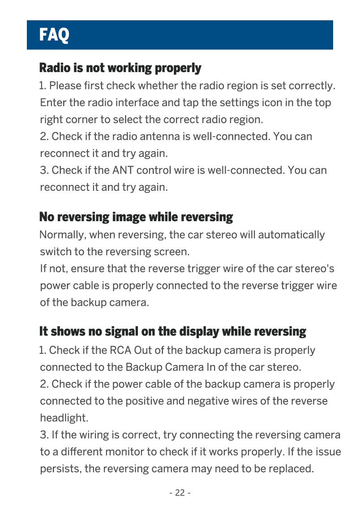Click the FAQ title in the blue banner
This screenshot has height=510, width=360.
pos(54,34)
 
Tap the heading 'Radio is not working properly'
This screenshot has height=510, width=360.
pos(120,68)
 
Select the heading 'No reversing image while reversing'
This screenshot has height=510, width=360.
pos(136,218)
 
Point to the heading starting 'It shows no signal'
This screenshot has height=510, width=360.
pos(173,332)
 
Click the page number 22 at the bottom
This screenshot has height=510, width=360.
pos(180,493)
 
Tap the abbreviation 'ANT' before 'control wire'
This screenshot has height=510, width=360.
pos(123,171)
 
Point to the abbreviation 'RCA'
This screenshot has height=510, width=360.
pos(120,350)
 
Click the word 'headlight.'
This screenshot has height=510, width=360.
pos(64,418)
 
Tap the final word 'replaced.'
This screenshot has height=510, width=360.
pos(294,469)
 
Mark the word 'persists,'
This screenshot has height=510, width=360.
pos(60,469)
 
